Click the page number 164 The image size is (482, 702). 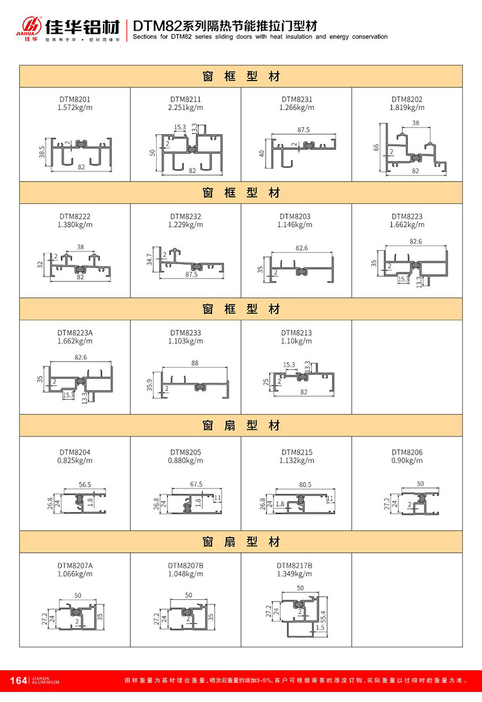point(19,680)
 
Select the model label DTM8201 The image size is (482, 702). point(75,99)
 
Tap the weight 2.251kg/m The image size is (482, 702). point(186,108)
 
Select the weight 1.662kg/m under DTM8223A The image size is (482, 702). point(75,341)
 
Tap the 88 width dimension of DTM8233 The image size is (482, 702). point(194,363)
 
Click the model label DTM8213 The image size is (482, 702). point(296,333)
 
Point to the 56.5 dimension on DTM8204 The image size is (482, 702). point(85,484)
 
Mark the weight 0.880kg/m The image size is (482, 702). point(186,461)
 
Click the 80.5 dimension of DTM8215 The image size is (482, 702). point(305,484)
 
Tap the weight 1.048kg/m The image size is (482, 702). point(186,574)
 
